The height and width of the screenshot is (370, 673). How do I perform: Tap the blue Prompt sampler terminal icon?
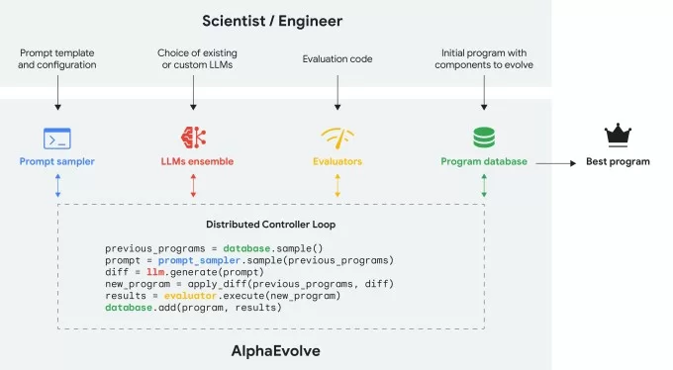click(57, 138)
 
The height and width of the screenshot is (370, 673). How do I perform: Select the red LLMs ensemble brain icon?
click(193, 138)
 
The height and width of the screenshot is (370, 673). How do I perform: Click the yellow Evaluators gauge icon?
click(337, 138)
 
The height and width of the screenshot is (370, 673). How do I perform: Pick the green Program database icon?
click(483, 137)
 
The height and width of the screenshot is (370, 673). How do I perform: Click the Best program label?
click(620, 160)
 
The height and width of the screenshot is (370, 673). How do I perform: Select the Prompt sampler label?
click(57, 160)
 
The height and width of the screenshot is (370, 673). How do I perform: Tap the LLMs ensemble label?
click(193, 160)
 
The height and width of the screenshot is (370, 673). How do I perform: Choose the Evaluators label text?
click(337, 160)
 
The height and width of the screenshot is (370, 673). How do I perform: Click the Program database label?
click(483, 160)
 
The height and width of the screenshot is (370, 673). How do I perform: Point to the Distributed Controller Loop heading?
click(269, 224)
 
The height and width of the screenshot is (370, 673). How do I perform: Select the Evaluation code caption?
click(337, 58)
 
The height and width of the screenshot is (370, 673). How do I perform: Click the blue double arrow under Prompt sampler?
click(57, 185)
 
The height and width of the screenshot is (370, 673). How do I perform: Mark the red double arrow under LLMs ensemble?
click(193, 185)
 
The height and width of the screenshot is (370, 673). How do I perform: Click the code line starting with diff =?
click(184, 272)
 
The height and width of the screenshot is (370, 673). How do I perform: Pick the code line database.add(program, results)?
click(193, 308)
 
